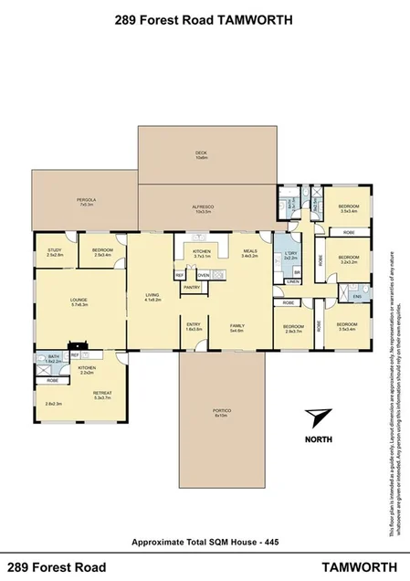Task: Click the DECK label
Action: (x=201, y=153)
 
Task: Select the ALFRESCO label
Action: (x=201, y=207)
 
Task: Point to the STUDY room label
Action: (x=54, y=250)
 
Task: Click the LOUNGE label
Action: (x=79, y=299)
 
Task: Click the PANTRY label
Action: (x=192, y=287)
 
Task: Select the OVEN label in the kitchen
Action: (x=204, y=274)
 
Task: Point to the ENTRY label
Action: (x=194, y=324)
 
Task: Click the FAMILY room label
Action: (x=237, y=324)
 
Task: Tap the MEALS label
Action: (x=249, y=251)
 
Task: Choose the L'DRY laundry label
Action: (x=291, y=253)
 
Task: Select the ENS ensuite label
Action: (x=357, y=295)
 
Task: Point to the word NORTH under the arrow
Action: (x=319, y=438)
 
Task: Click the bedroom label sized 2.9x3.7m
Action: (x=292, y=326)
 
